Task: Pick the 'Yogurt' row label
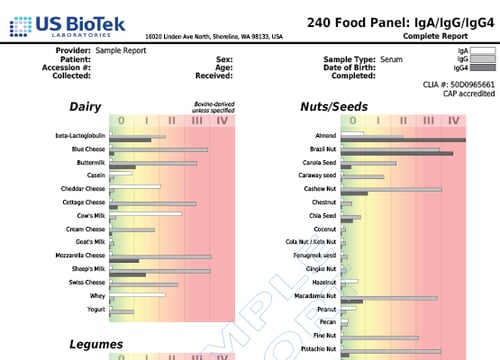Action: [x=95, y=309]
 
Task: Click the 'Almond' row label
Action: [x=324, y=134]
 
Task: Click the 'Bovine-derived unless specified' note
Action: [x=213, y=107]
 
